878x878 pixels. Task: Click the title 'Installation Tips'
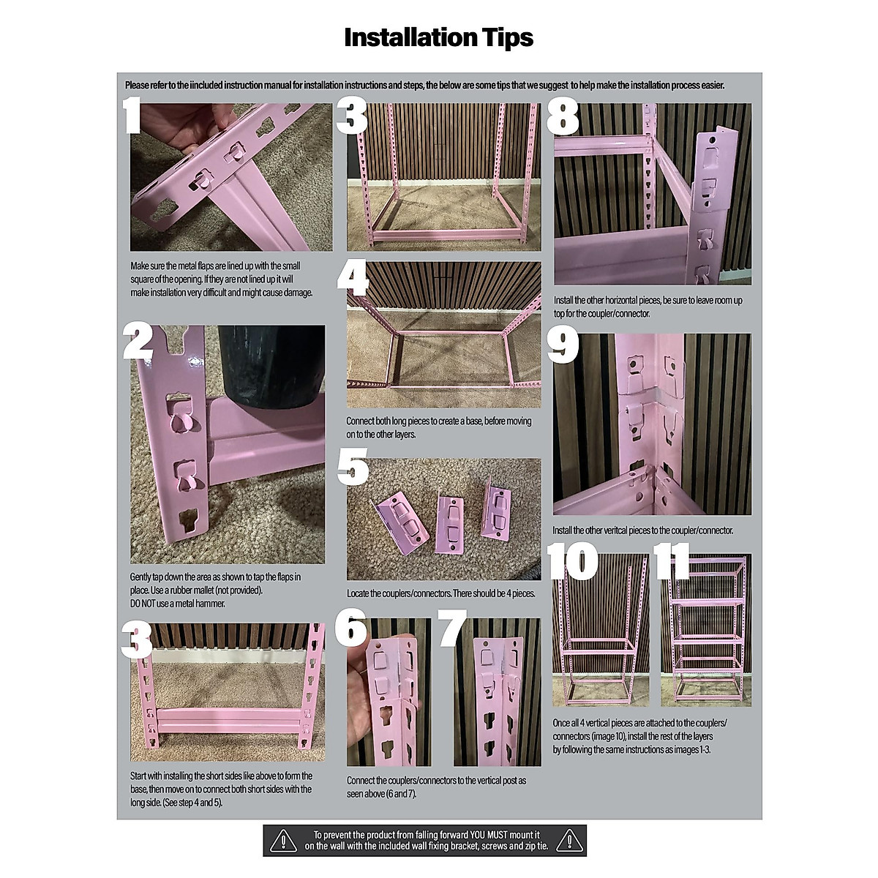(x=438, y=37)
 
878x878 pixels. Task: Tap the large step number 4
(x=353, y=279)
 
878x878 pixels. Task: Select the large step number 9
(x=563, y=345)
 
